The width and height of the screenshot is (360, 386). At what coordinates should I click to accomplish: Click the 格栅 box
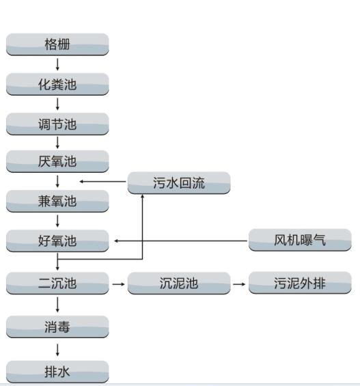coord(57,44)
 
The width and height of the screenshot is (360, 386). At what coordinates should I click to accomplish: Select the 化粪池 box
coord(57,84)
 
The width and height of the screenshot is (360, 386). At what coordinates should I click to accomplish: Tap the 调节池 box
coord(57,124)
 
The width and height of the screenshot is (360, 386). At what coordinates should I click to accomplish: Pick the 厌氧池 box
coord(57,161)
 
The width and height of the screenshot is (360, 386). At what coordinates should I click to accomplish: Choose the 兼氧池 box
coord(57,201)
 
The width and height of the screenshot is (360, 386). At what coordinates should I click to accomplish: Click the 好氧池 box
coord(57,240)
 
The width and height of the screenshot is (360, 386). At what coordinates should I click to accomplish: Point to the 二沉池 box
coord(57,283)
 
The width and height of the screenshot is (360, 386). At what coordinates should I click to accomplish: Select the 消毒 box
coord(57,327)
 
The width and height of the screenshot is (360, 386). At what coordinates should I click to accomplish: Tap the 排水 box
coord(57,372)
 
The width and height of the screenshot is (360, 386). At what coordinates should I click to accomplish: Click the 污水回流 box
coord(179,183)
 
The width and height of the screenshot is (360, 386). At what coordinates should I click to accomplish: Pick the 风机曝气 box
coord(300,240)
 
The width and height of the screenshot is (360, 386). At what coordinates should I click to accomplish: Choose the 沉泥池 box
coord(179,283)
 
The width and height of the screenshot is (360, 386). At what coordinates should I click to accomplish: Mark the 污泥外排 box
coord(300,283)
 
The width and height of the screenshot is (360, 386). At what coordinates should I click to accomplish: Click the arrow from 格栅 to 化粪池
coord(57,64)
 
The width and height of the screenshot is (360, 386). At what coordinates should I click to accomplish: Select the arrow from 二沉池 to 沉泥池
coord(118,284)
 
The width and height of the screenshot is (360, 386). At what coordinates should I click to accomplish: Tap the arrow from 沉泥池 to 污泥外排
coord(239,284)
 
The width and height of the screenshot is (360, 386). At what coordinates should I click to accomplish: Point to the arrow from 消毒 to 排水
coord(57,350)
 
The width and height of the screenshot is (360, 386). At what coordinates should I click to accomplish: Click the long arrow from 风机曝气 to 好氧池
coord(181,240)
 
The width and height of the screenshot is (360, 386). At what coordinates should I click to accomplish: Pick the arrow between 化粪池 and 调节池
coord(57,104)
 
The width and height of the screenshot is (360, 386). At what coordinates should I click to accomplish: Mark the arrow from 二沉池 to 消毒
coord(57,305)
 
